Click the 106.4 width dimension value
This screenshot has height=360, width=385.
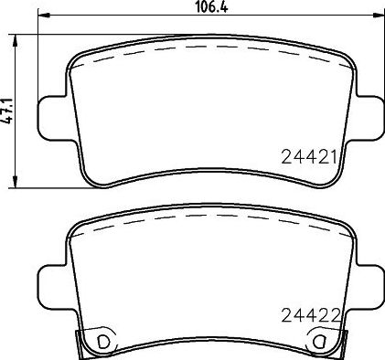[211, 7]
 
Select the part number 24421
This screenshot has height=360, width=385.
[309, 157]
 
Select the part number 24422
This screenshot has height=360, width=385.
[311, 315]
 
